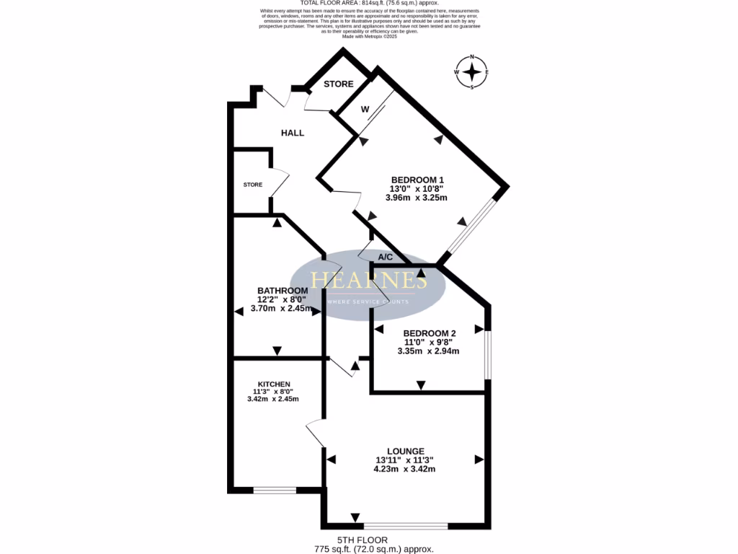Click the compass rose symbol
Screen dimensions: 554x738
click(x=472, y=72)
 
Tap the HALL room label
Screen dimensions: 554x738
click(x=292, y=133)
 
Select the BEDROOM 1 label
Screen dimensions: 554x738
click(x=417, y=180)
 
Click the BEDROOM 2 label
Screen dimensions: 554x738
click(x=430, y=333)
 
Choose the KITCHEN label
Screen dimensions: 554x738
click(x=274, y=384)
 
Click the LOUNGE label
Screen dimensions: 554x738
click(x=404, y=451)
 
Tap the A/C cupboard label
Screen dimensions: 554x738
click(x=385, y=257)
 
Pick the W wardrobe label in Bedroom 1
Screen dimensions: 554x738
click(x=365, y=110)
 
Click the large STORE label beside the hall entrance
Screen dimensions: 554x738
click(x=338, y=84)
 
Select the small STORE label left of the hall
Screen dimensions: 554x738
click(x=252, y=185)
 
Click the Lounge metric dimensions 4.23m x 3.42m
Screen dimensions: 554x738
click(x=404, y=469)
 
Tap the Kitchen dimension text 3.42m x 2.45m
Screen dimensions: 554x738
click(x=273, y=399)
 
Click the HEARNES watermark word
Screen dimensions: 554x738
click(x=369, y=280)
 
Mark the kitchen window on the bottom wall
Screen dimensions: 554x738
click(x=275, y=491)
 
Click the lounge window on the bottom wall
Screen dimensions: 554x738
click(x=405, y=525)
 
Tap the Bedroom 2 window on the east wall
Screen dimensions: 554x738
click(x=488, y=354)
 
